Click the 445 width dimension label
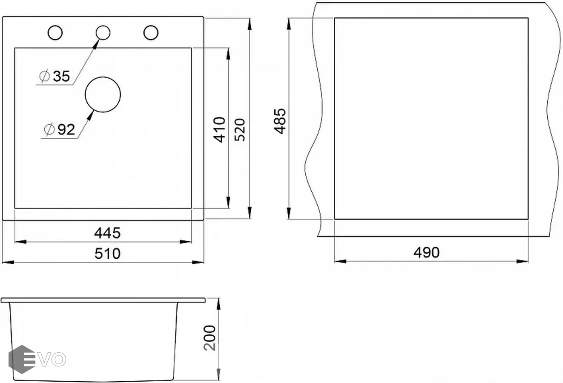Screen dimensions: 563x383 107,233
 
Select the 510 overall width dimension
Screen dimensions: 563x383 107,253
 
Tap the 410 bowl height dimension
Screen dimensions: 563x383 219,130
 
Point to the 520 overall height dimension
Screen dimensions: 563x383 239,130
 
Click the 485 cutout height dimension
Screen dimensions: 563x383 280,121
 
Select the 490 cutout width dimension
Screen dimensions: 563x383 427,252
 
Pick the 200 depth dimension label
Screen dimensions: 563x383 210,338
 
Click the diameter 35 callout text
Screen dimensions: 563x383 55,76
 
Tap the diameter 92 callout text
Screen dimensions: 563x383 59,129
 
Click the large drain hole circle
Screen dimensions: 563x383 103,77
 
